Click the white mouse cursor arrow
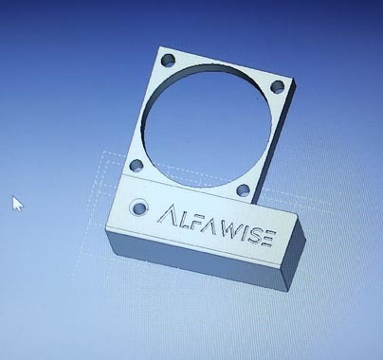17,204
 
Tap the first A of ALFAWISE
166,214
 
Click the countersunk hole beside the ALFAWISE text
139,207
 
